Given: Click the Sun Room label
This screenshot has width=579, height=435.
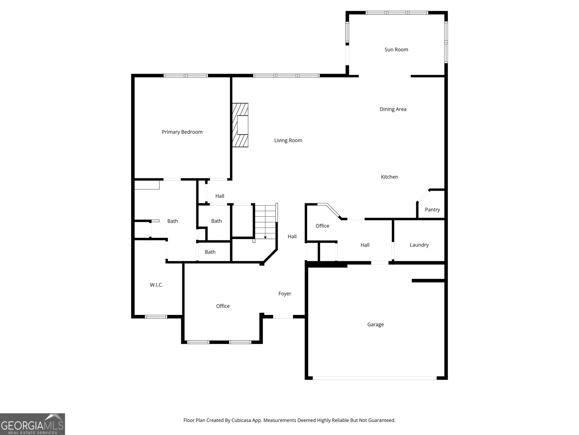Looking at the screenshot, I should pyautogui.click(x=396, y=50).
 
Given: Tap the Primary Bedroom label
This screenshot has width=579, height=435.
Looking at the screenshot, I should pyautogui.click(x=182, y=132).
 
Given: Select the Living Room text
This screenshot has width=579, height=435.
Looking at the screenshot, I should pyautogui.click(x=288, y=140).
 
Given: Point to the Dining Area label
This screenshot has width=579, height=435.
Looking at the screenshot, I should pyautogui.click(x=393, y=109).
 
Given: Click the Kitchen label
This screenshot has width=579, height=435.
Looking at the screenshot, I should pyautogui.click(x=389, y=177).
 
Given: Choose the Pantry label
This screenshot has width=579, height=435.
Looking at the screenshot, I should pyautogui.click(x=432, y=210).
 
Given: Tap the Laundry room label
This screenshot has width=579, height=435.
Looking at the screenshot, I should pyautogui.click(x=419, y=245).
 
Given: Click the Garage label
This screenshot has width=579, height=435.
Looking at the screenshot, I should pyautogui.click(x=375, y=324).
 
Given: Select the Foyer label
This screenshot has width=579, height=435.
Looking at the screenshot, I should pyautogui.click(x=284, y=294).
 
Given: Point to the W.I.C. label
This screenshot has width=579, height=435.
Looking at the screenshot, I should pyautogui.click(x=156, y=285).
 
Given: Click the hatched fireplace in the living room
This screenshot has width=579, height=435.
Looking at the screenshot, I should pyautogui.click(x=240, y=125).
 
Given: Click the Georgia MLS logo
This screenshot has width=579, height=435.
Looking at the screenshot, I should pyautogui.click(x=32, y=424).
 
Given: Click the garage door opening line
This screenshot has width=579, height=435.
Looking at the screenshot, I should pyautogui.click(x=375, y=378).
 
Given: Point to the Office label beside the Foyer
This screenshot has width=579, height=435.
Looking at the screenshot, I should pyautogui.click(x=223, y=306).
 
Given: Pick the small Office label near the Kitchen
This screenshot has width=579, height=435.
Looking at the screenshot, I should pyautogui.click(x=322, y=226).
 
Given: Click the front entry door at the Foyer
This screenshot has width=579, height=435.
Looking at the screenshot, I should pyautogui.click(x=283, y=317).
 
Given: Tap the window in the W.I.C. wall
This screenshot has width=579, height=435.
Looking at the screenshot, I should pyautogui.click(x=156, y=316).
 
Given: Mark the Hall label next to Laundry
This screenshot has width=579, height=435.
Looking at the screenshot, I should pyautogui.click(x=365, y=245).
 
